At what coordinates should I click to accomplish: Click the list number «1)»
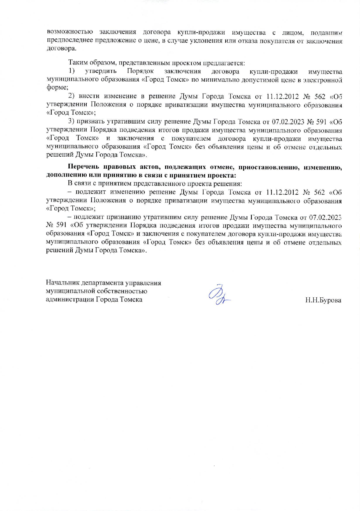(x=72, y=71)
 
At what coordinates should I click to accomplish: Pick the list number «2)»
(x=72, y=96)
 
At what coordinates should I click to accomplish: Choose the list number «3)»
(x=72, y=122)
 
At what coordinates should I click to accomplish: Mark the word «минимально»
(x=215, y=79)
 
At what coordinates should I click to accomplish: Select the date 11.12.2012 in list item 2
(x=281, y=96)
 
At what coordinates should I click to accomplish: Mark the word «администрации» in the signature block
(x=70, y=299)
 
